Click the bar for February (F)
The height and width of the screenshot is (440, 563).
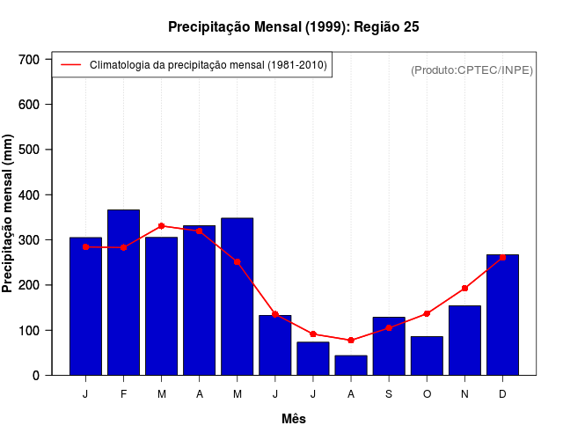[x=123, y=292]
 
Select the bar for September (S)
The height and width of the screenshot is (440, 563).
[x=388, y=346]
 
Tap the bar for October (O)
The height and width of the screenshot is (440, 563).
[x=427, y=356]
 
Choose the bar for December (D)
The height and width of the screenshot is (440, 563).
[x=502, y=315]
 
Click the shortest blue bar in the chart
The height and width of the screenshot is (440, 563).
[x=350, y=365]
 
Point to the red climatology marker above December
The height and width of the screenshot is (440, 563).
[x=502, y=257]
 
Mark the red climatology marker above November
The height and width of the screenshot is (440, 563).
[x=464, y=288]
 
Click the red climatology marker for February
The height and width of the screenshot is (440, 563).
[x=123, y=247]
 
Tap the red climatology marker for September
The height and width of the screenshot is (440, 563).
[x=388, y=327]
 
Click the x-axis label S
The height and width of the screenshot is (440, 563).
[x=388, y=394]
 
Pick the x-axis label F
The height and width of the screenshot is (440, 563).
[x=123, y=394]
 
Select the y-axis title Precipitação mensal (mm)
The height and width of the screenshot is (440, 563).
[x=9, y=214]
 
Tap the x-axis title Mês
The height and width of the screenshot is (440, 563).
[x=294, y=419]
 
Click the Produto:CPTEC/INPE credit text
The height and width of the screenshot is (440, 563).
[x=472, y=70]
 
